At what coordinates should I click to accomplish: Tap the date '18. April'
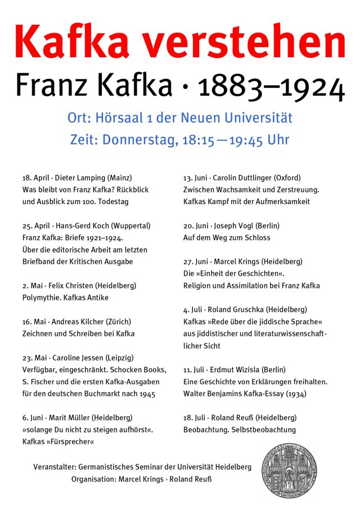pos(35,178)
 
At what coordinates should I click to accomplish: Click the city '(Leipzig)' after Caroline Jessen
pos(118,358)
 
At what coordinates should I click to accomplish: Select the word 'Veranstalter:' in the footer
pos(55,467)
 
